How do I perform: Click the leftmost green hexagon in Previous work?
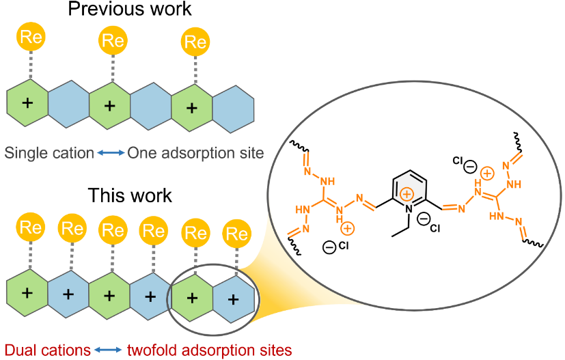tap(27, 103)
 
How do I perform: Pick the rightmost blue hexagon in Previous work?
tap(234, 103)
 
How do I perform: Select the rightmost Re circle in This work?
tap(237, 232)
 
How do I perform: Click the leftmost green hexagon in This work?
tap(27, 294)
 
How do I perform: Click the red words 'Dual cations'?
tap(47, 350)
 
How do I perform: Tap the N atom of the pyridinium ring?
tap(408, 208)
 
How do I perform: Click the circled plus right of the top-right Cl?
tap(488, 174)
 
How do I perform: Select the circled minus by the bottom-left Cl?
tap(329, 247)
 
